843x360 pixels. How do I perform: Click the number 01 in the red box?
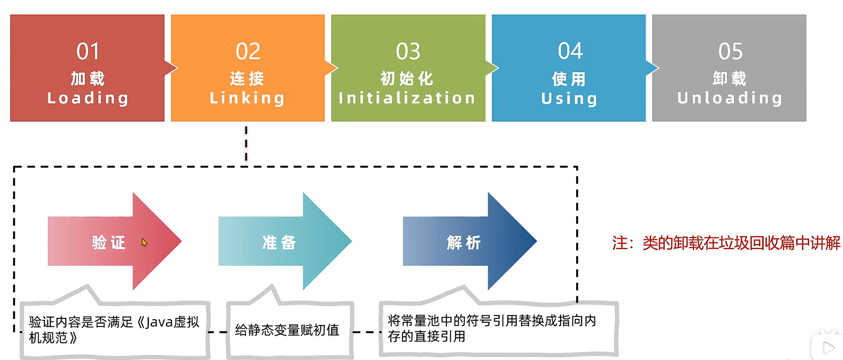[x=88, y=52]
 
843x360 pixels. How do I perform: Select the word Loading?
[x=88, y=98]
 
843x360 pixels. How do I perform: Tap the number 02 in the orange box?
[x=248, y=52]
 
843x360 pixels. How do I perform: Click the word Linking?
[x=247, y=98]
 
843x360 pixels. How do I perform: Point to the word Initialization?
[x=407, y=98]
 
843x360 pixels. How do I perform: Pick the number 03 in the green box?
[x=408, y=52]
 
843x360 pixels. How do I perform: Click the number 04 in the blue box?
[x=570, y=51]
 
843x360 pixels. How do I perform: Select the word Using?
[x=569, y=99]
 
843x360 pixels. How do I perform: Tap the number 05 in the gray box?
[x=730, y=52]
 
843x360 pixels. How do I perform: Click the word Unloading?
[x=730, y=98]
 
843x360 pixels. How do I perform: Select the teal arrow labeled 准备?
[x=279, y=242]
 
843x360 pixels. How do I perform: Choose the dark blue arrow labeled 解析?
[x=464, y=242]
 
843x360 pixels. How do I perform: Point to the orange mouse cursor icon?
[x=144, y=243]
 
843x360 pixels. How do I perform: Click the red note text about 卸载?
[x=726, y=243]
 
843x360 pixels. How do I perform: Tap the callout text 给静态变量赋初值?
[x=287, y=330]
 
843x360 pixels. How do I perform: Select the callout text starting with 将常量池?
[x=491, y=328]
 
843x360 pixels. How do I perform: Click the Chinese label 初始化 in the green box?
[x=407, y=78]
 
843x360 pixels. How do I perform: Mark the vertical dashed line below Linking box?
[x=246, y=143]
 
